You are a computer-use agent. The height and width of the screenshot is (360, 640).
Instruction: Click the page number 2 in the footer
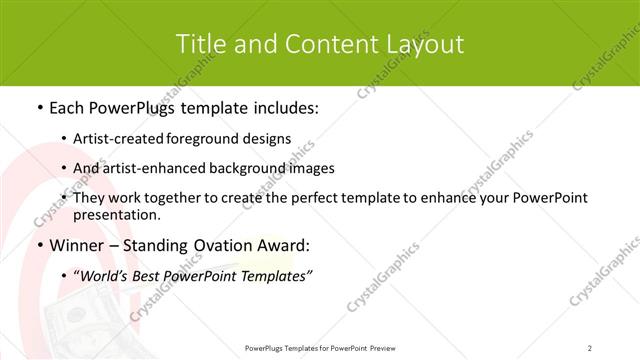click(590, 347)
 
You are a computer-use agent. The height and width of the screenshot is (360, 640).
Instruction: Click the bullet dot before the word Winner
click(39, 246)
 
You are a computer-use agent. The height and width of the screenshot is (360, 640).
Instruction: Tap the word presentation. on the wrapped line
click(117, 215)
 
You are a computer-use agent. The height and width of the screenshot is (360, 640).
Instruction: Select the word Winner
click(80, 246)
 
